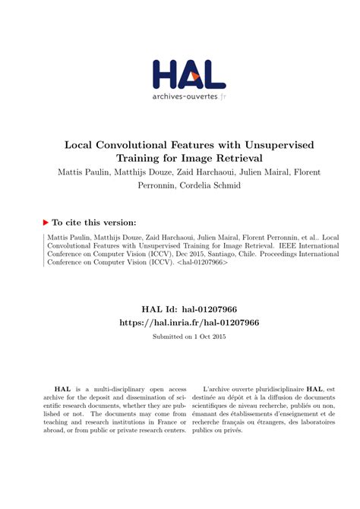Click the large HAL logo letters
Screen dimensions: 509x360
[189, 74]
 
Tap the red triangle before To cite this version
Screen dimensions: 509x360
[46, 223]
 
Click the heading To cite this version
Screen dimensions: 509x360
[94, 223]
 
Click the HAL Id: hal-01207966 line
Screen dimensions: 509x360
[179, 309]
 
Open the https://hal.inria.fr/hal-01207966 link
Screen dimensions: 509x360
[179, 322]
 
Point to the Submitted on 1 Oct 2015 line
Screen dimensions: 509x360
[179, 336]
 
